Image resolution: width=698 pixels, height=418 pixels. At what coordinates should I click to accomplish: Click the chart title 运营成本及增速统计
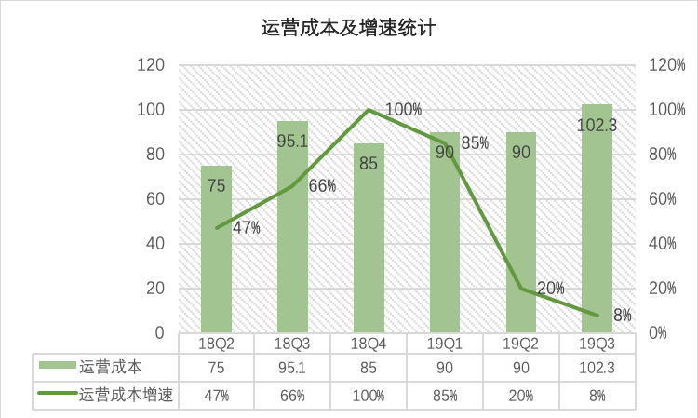(348, 28)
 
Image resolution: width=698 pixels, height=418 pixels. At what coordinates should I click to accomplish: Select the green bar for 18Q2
(217, 270)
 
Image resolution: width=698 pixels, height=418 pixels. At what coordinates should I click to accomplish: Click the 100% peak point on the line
(369, 110)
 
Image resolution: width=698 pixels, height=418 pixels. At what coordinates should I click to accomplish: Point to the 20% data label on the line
(550, 288)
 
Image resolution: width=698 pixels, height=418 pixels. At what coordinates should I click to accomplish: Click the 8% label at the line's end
(623, 316)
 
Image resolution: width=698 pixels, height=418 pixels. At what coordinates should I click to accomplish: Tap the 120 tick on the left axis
(151, 65)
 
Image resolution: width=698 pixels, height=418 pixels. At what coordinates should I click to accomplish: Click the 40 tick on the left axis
(154, 244)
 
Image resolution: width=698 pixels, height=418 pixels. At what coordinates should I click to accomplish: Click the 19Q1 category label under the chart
(445, 344)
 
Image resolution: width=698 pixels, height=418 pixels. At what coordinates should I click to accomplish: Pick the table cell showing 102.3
(597, 367)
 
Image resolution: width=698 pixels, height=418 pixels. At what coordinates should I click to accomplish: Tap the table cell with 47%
(217, 395)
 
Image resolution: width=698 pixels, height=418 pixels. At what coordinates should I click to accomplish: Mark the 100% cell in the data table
(369, 395)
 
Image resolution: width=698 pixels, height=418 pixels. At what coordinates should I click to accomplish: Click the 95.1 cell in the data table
(292, 367)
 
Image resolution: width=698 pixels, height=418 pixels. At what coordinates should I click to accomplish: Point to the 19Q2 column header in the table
(520, 344)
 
